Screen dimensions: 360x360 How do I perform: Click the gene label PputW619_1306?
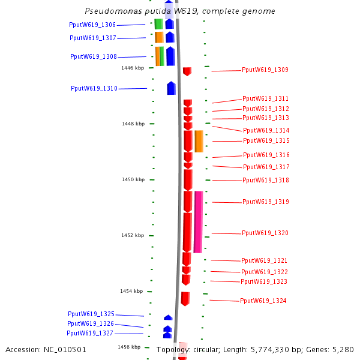(x=92, y=25)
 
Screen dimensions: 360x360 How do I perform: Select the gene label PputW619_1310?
(x=94, y=88)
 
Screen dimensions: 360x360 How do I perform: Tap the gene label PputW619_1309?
(x=265, y=70)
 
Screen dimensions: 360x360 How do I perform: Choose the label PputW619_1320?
(x=265, y=233)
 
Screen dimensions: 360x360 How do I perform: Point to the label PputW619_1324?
(x=263, y=301)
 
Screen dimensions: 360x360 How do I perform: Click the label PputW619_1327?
(x=90, y=333)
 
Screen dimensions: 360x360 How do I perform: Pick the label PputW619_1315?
(x=266, y=140)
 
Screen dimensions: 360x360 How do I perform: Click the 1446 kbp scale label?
(x=133, y=68)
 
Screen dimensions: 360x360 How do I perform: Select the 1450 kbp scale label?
(x=133, y=179)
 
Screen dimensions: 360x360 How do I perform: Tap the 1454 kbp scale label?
(x=131, y=291)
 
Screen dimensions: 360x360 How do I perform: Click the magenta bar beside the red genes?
(x=198, y=221)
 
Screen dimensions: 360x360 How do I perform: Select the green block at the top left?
(x=158, y=24)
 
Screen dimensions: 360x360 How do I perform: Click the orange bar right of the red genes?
(x=199, y=141)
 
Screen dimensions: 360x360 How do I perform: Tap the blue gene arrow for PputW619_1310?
(x=171, y=88)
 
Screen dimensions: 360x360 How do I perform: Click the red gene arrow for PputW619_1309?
(x=187, y=71)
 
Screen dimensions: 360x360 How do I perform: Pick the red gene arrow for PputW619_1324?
(x=185, y=299)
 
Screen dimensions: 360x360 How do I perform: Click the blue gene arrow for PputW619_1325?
(x=168, y=317)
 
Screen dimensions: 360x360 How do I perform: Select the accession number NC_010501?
(x=67, y=349)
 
